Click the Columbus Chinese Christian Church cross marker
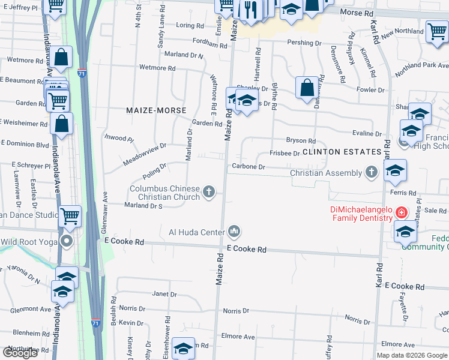pos(209,192)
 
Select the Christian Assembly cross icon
pos(372,173)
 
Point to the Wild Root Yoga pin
pos(66,242)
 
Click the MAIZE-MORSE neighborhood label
pos(156,110)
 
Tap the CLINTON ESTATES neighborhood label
pos(342,152)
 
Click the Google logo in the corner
pos(20,353)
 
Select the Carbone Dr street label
pos(249,166)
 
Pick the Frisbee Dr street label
pos(285,154)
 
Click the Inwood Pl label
pos(119,138)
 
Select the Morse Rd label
pos(357,12)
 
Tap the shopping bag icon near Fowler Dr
pos(307,87)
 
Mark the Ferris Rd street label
pos(403,193)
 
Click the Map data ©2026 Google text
pos(412,355)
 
